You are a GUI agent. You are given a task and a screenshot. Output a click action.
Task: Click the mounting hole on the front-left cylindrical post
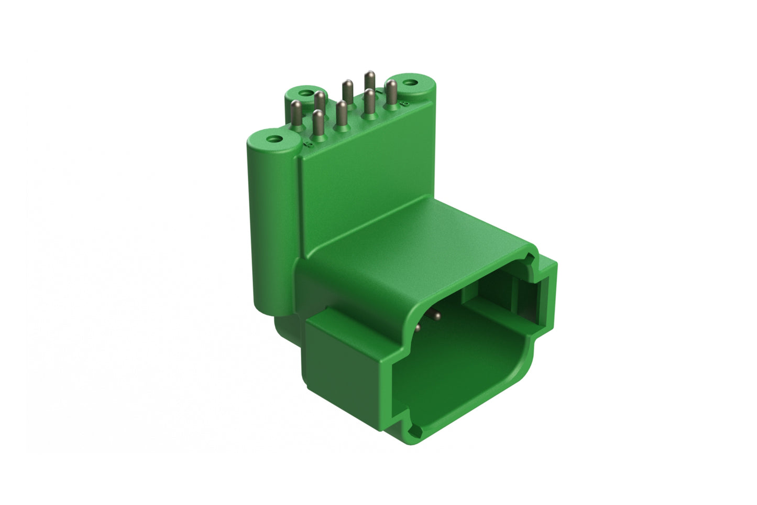(272, 139)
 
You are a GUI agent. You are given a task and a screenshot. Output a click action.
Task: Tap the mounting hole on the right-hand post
(412, 82)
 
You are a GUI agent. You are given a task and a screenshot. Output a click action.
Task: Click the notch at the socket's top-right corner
(533, 261)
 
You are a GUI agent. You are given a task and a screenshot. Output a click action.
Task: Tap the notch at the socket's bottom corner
(416, 432)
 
